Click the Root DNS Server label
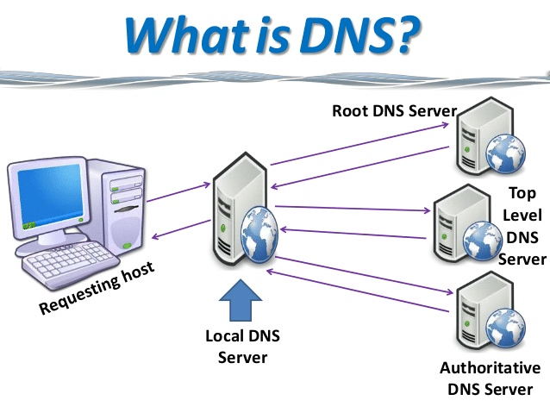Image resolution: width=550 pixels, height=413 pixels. point(394,111)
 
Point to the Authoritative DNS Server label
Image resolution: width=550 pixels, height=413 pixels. point(490,379)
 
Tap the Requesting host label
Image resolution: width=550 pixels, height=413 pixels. point(97,290)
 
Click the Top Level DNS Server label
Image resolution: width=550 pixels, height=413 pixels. point(523,226)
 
